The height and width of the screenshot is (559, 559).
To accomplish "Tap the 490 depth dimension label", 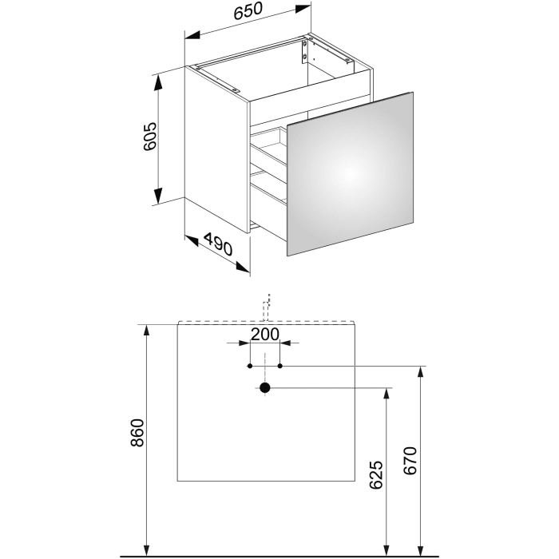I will coord(217,244).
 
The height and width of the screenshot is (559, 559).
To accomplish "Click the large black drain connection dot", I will coord(265,388).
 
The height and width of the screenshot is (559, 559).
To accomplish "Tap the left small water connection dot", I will coord(250,366).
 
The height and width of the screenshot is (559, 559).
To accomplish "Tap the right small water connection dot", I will coord(280,366).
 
